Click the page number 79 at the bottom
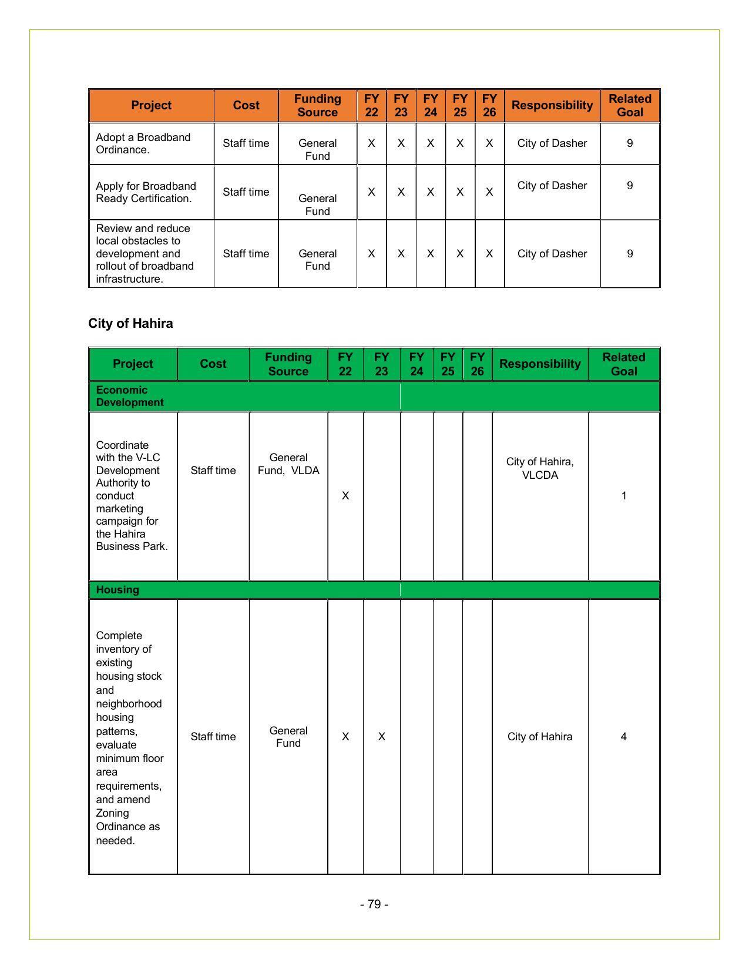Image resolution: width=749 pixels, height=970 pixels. tap(374, 904)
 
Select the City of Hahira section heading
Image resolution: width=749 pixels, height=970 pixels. tap(130, 324)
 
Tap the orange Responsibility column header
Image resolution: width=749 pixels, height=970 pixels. tap(552, 106)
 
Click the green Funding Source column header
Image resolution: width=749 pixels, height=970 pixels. tap(288, 364)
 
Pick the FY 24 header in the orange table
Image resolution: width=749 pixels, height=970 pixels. tap(430, 106)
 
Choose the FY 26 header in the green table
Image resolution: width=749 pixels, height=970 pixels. tap(477, 364)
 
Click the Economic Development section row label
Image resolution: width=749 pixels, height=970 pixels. tap(129, 397)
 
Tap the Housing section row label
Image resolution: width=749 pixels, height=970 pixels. tap(117, 590)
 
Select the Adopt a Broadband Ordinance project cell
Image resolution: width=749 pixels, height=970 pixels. tap(143, 143)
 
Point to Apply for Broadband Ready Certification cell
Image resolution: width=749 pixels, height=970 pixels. tap(146, 192)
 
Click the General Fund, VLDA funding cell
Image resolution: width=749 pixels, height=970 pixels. tap(288, 464)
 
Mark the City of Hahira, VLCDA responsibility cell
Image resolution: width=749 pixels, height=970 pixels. tap(539, 468)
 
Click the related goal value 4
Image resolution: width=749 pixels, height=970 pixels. tap(623, 737)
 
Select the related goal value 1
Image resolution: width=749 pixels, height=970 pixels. tap(623, 496)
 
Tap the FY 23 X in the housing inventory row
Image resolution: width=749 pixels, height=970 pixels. tap(381, 737)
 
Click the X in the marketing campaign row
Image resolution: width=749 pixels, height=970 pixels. tap(345, 496)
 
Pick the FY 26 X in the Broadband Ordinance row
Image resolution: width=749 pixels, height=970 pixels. tap(489, 143)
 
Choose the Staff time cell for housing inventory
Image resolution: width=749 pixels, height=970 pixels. tap(213, 737)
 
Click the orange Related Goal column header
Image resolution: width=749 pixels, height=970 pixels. tap(629, 106)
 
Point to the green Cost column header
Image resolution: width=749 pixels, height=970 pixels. tap(213, 364)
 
